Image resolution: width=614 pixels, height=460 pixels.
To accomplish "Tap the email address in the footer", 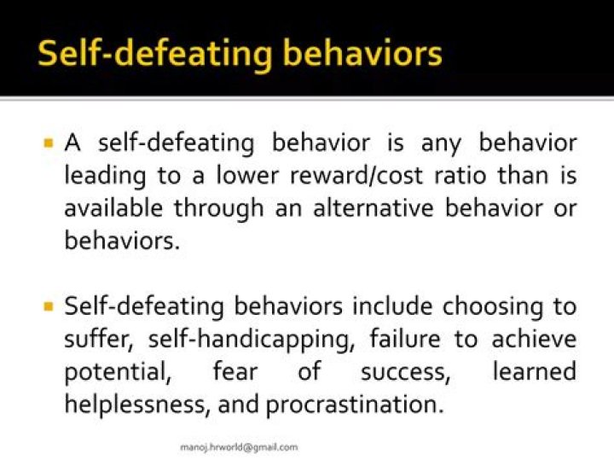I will [239, 446].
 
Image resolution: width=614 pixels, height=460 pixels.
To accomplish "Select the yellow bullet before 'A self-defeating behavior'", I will [49, 142].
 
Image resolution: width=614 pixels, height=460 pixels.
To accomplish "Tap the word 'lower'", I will [254, 176].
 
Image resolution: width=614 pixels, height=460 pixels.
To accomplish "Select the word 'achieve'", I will [534, 339].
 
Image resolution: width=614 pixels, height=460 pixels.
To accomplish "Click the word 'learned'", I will [534, 371].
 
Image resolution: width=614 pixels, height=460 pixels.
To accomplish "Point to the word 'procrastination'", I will [355, 404].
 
